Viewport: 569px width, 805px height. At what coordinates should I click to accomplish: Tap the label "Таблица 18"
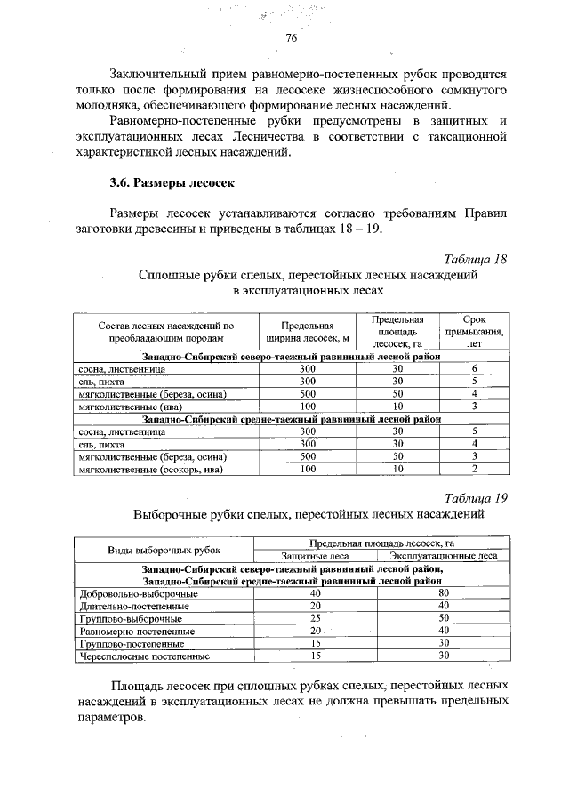click(476, 259)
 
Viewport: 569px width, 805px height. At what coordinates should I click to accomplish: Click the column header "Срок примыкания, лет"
click(475, 329)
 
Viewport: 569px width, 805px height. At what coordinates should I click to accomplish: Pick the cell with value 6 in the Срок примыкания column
click(475, 367)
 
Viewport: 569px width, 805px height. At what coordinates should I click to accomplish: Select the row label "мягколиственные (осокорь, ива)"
click(149, 469)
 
